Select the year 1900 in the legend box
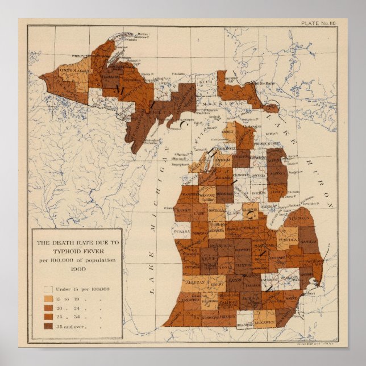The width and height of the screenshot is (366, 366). pos(76,269)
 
